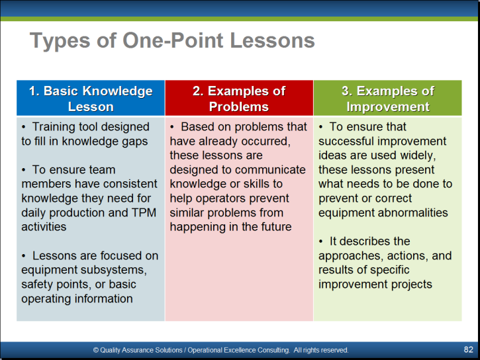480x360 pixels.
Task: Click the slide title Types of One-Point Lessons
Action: (x=172, y=40)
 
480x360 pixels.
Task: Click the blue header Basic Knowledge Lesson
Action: (x=91, y=99)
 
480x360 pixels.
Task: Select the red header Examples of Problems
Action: (x=239, y=99)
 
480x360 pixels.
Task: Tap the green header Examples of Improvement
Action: (x=388, y=99)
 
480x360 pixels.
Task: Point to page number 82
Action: (x=468, y=349)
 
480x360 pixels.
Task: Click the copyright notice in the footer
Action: (x=220, y=350)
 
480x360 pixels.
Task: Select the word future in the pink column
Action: (x=276, y=227)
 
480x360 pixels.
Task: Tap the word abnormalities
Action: (x=415, y=212)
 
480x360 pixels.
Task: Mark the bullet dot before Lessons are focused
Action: (x=24, y=256)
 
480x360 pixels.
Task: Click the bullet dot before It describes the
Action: (x=320, y=242)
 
